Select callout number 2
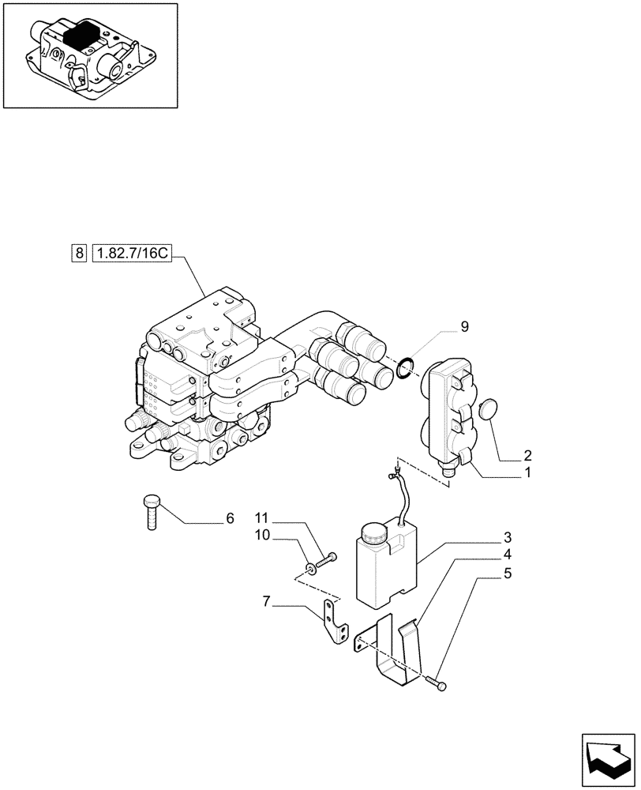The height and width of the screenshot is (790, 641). [x=527, y=455]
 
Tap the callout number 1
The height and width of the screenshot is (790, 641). [x=527, y=474]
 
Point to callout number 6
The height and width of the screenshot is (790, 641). [x=230, y=519]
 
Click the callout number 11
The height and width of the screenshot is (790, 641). [x=262, y=518]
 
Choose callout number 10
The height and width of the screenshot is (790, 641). [x=262, y=535]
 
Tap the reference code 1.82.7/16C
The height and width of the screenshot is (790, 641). [x=131, y=254]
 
